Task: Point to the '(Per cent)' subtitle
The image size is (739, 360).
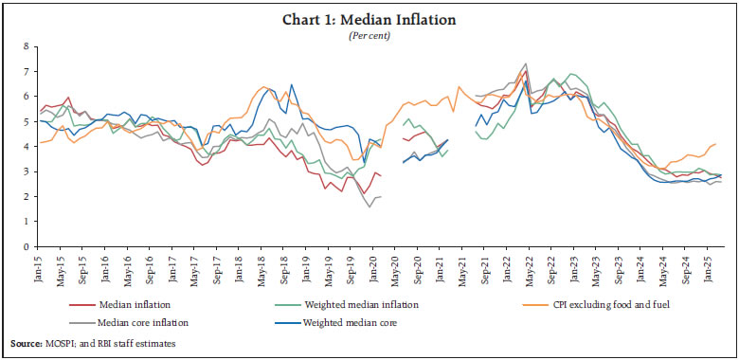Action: [369, 37]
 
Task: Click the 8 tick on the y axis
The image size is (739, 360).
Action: [27, 45]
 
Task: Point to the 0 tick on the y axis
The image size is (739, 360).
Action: [27, 247]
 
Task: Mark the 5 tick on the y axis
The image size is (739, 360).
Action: [27, 121]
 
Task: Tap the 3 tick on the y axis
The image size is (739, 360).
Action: [27, 171]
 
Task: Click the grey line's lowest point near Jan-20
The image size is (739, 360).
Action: [370, 207]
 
